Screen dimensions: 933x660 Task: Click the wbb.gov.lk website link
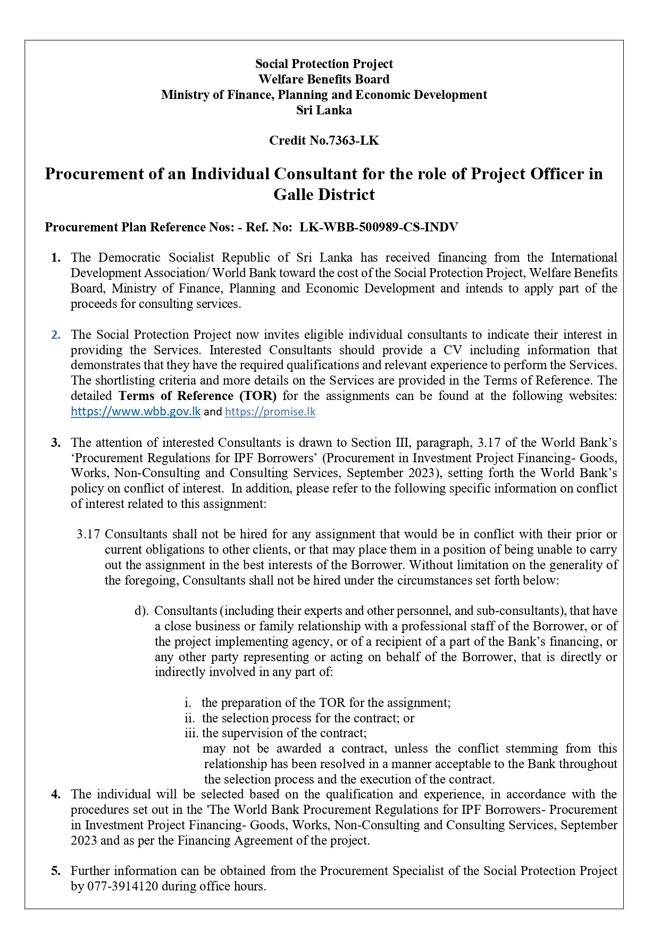136,412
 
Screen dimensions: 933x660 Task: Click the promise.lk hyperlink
270,412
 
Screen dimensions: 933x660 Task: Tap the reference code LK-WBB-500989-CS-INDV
379,228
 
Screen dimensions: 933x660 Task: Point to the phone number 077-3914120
114,886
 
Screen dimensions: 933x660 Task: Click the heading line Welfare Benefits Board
324,79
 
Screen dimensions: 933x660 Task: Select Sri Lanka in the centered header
324,110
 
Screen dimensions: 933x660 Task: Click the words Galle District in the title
324,195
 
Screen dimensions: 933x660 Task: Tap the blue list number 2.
56,335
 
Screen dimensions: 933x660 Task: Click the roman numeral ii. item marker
190,718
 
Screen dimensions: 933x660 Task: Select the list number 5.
56,871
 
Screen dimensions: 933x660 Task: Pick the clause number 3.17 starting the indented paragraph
88,534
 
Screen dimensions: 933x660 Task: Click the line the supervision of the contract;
284,734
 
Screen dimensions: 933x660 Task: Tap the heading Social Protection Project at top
324,64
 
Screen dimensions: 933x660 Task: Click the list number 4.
56,794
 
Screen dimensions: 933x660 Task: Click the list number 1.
56,258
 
